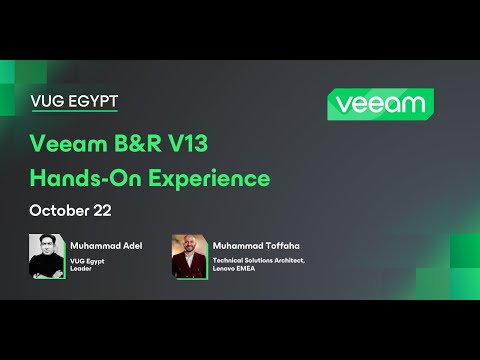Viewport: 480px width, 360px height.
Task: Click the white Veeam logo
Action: pyautogui.click(x=379, y=103)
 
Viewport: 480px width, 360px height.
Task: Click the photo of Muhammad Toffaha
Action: pyautogui.click(x=189, y=256)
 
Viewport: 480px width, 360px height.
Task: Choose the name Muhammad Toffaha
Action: pyautogui.click(x=256, y=243)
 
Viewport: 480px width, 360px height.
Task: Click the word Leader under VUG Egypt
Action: pyautogui.click(x=82, y=268)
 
